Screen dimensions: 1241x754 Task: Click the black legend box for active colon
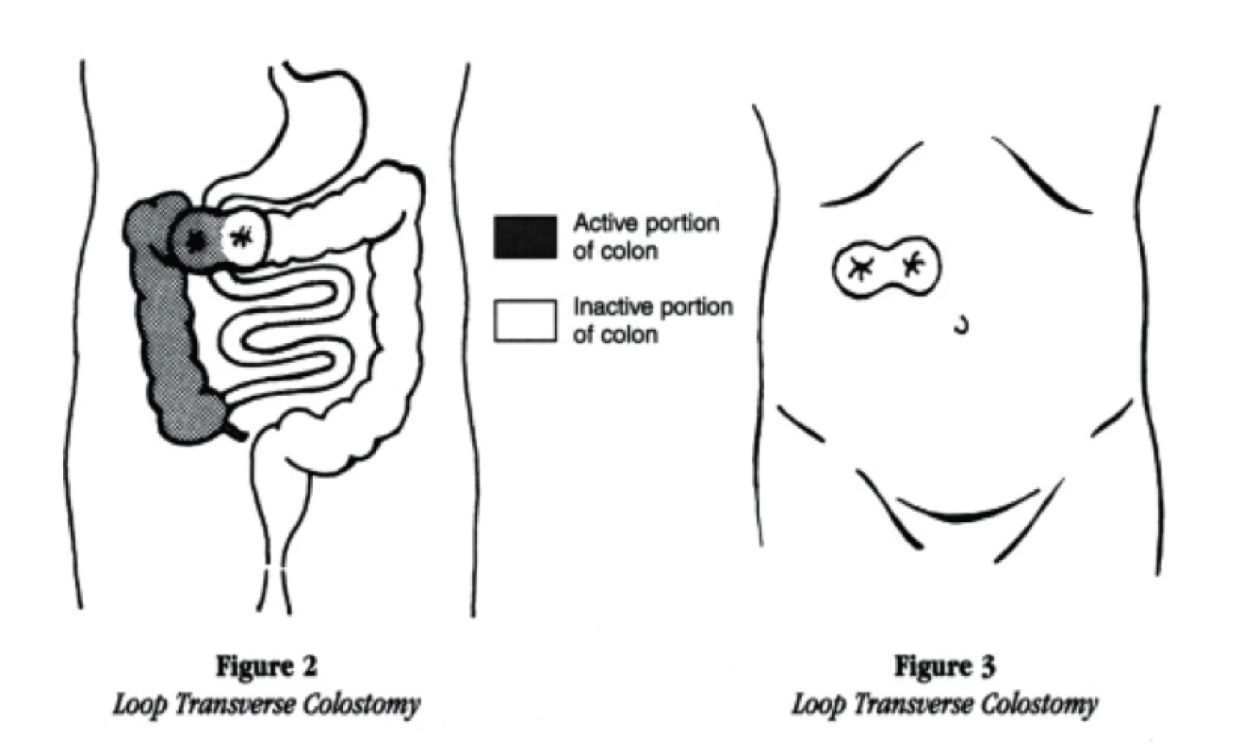point(525,238)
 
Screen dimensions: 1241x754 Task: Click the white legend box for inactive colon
point(525,320)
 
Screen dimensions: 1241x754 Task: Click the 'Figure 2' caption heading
point(267,665)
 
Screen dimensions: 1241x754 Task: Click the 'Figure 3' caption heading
point(944,665)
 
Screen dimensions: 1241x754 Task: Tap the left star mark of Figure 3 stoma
point(861,269)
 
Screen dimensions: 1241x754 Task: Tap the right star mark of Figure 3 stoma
point(912,264)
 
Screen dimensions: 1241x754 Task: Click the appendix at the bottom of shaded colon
point(235,431)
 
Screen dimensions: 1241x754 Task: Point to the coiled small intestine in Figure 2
point(283,333)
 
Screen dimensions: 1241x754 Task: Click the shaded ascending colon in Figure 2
point(166,333)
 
